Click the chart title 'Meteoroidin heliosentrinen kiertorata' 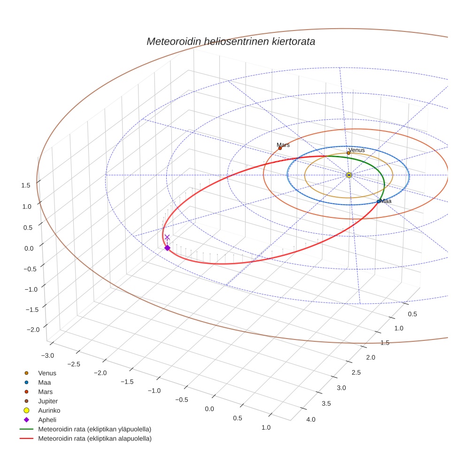[231, 41]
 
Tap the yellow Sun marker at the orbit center [349, 175]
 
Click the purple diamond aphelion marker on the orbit [167, 248]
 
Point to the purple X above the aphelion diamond [167, 238]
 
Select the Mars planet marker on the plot [280, 148]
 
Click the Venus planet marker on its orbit [348, 153]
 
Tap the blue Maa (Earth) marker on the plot [378, 201]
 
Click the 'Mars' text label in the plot [283, 145]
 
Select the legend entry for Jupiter [48, 401]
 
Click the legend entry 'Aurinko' [48, 410]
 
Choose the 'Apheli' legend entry [46, 420]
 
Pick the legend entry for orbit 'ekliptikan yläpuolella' [94, 429]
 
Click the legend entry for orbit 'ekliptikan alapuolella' [94, 439]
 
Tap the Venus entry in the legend [47, 373]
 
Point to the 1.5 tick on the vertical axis [26, 185]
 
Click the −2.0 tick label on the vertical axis [33, 330]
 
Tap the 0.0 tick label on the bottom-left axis [209, 409]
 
